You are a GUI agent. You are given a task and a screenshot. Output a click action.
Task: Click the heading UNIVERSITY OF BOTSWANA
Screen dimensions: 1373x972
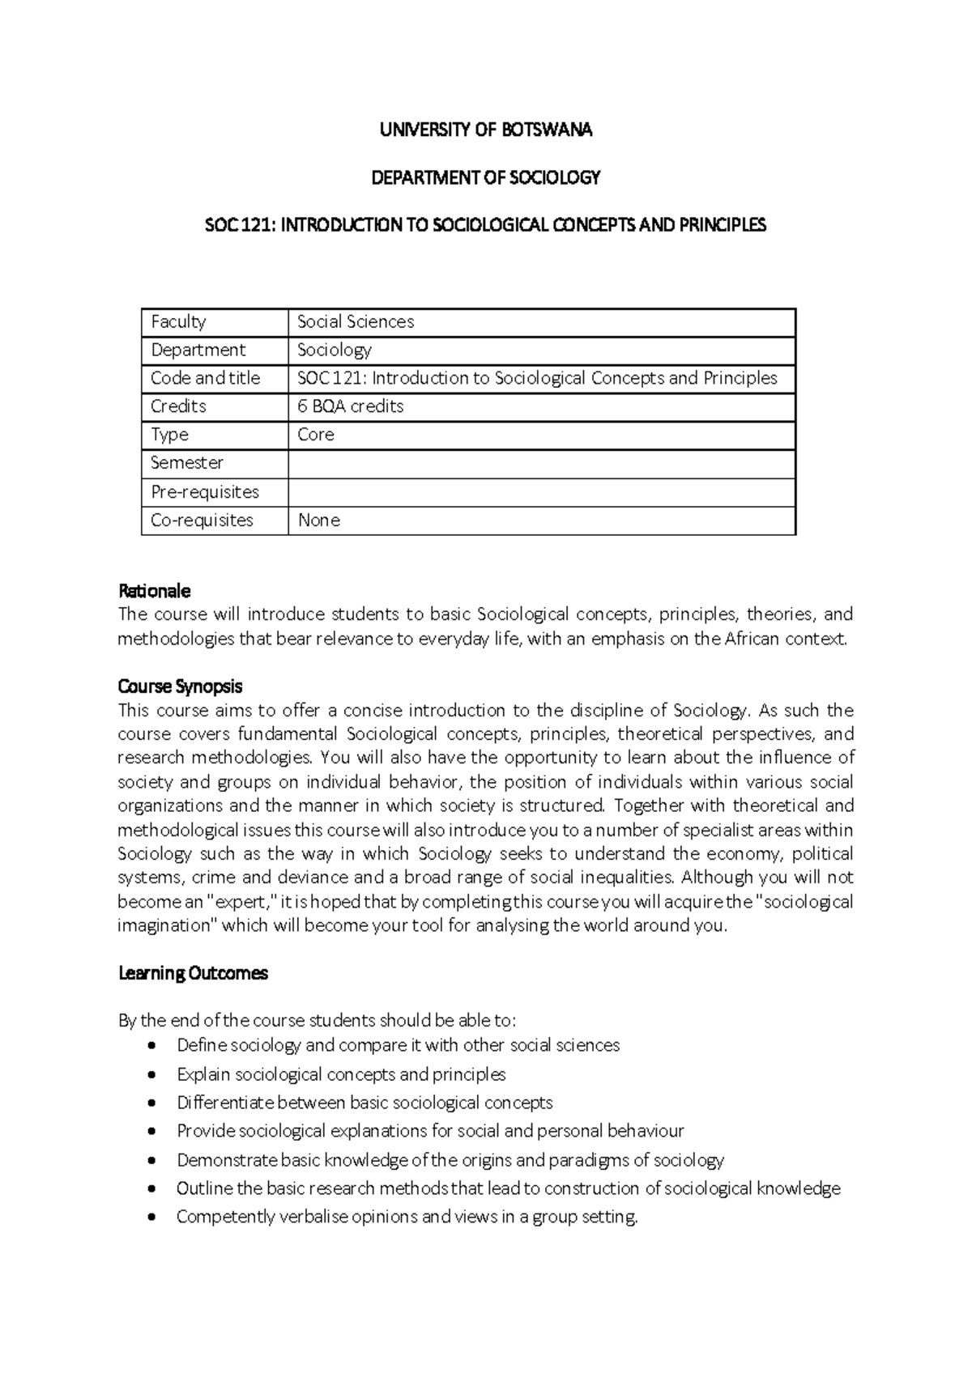(x=486, y=130)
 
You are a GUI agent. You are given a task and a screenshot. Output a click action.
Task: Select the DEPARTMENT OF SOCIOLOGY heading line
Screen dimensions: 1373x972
(x=486, y=177)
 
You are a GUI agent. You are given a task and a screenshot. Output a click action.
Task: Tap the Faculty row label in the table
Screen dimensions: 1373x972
(x=178, y=321)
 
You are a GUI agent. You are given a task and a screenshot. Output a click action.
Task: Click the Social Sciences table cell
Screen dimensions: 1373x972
(x=356, y=321)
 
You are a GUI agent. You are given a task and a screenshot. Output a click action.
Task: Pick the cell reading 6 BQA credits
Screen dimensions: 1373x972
(x=350, y=406)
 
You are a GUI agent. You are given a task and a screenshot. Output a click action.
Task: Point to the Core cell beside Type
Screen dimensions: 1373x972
(x=316, y=435)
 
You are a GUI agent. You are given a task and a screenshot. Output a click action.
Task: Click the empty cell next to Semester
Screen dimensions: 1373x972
(x=541, y=464)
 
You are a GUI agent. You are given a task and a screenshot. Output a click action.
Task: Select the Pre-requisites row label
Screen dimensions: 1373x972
(x=205, y=492)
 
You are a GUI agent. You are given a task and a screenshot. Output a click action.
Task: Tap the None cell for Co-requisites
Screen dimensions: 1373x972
(x=319, y=521)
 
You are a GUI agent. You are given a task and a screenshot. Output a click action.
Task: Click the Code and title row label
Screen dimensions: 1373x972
(x=205, y=378)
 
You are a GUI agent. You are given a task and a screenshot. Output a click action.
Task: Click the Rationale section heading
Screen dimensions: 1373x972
(x=154, y=591)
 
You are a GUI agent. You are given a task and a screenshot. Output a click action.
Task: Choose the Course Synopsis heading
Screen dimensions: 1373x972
(x=180, y=686)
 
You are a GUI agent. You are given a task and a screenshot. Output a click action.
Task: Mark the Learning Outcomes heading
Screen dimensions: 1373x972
(x=193, y=973)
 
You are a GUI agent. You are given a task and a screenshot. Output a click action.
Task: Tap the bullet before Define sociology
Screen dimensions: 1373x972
(x=151, y=1046)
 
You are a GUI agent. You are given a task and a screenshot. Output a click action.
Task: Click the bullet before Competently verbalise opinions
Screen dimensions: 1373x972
(x=151, y=1218)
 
